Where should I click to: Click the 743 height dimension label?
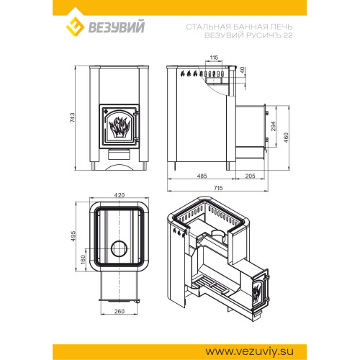[72, 117]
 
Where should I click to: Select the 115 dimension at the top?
[214, 58]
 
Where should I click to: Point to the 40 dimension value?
[243, 70]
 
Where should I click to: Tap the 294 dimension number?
[274, 126]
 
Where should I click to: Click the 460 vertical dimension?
[286, 138]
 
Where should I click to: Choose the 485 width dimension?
[202, 176]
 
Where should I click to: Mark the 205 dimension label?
[250, 176]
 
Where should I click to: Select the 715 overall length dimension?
[218, 188]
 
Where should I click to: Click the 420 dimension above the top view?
[120, 195]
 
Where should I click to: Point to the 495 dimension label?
[73, 236]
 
